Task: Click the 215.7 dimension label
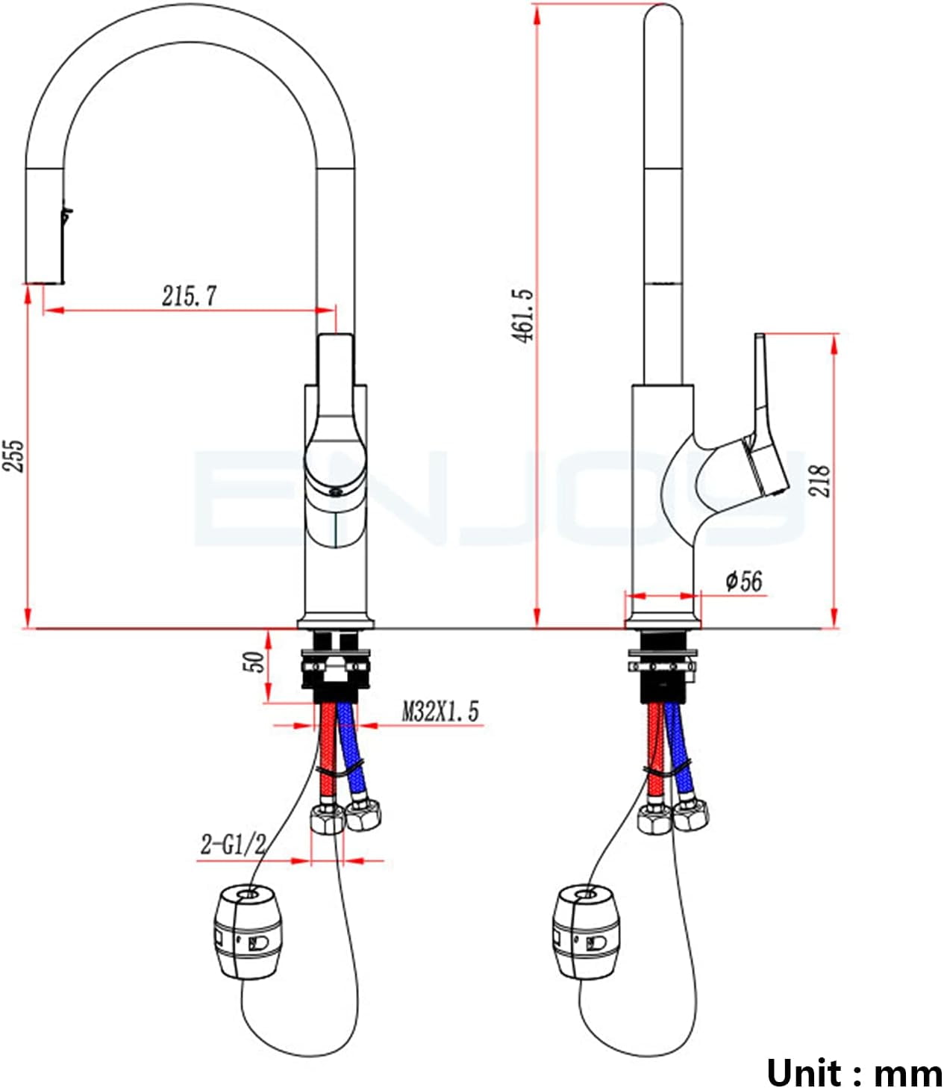pyautogui.click(x=189, y=296)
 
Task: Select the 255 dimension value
pyautogui.click(x=13, y=456)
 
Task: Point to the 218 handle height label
pyautogui.click(x=819, y=480)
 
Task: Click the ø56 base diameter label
pyautogui.click(x=744, y=581)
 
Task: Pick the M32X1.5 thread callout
pyautogui.click(x=440, y=712)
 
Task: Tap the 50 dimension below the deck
pyautogui.click(x=254, y=662)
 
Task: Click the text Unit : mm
pyautogui.click(x=854, y=1069)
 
